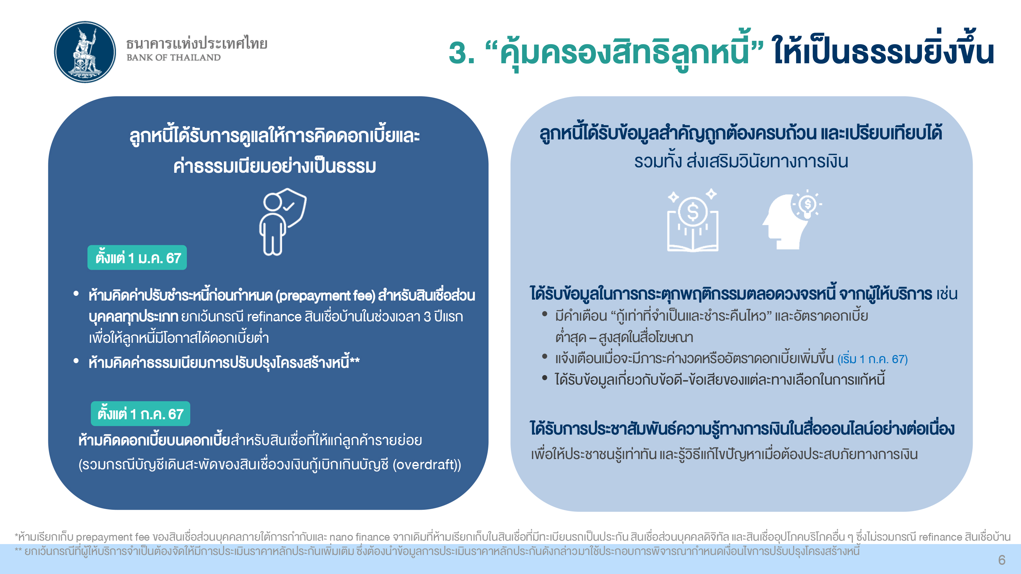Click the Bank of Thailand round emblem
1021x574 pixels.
(x=85, y=52)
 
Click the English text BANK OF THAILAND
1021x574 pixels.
(x=174, y=57)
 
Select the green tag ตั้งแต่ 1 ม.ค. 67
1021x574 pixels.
(x=137, y=258)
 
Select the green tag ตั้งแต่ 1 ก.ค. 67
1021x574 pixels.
(x=140, y=414)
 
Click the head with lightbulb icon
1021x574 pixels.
(x=792, y=220)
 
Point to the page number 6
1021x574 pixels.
(x=1002, y=560)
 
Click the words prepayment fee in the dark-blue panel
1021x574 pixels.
(x=325, y=296)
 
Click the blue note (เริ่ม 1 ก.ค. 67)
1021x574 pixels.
(x=872, y=359)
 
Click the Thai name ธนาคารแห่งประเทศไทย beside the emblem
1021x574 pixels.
(x=197, y=43)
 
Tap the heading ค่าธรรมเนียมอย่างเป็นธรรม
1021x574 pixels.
(x=275, y=166)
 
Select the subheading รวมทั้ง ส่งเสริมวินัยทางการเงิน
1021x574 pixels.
(x=741, y=162)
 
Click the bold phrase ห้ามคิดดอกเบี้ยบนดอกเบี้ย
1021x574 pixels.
(x=154, y=440)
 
